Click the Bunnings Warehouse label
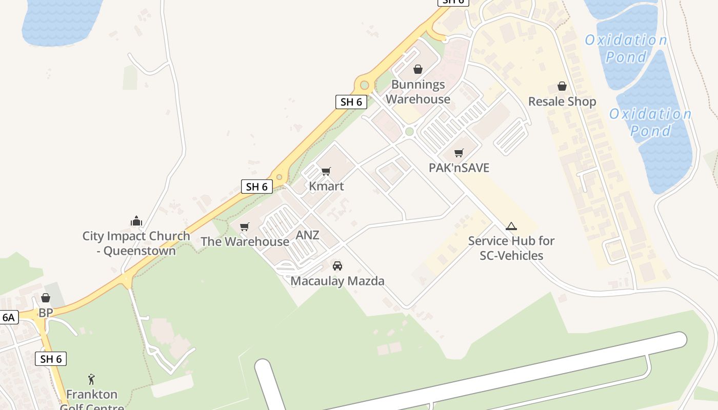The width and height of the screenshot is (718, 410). (x=418, y=92)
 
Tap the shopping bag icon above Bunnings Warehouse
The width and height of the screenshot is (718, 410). (x=418, y=69)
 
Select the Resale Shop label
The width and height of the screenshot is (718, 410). (x=562, y=101)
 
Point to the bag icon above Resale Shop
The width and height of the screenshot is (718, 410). (x=562, y=86)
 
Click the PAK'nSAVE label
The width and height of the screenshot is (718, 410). (x=459, y=168)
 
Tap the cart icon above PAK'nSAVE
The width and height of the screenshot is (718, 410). (x=459, y=153)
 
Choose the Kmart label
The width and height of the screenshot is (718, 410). (x=326, y=186)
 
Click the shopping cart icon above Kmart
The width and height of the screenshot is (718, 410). (x=326, y=171)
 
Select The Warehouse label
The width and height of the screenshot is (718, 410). (x=245, y=241)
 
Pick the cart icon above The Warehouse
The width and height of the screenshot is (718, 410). (x=245, y=227)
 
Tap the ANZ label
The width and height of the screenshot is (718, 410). (x=308, y=235)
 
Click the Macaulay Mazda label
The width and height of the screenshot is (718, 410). (x=337, y=281)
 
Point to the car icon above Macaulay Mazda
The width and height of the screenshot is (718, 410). (x=337, y=266)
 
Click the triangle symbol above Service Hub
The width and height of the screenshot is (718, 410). (x=511, y=226)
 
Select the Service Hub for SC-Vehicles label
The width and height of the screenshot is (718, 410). (x=511, y=248)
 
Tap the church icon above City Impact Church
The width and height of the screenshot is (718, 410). (x=136, y=221)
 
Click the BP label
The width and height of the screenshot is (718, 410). (x=46, y=313)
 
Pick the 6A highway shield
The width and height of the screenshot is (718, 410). (x=9, y=317)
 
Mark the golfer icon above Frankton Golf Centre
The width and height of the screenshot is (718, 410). (x=92, y=379)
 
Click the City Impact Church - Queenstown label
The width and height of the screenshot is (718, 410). (x=136, y=243)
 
